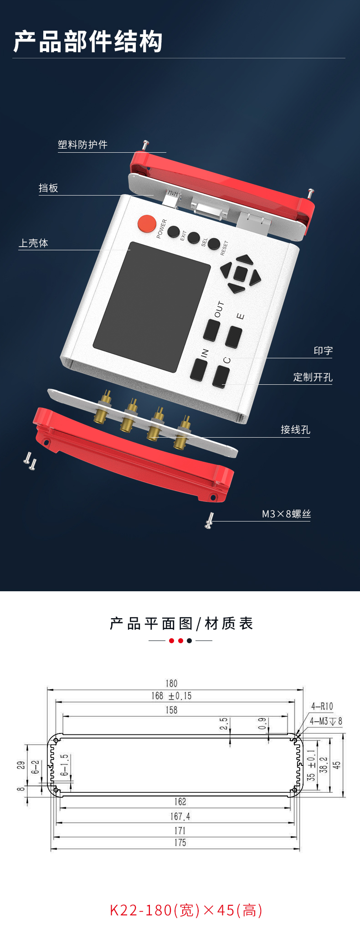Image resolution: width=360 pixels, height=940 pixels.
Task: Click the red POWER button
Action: click(x=147, y=223)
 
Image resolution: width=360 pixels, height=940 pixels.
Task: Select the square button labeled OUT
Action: click(x=211, y=330)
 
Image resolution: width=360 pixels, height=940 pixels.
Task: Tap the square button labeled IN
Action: click(x=198, y=370)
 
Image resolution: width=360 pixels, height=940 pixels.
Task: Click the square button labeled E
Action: click(x=234, y=337)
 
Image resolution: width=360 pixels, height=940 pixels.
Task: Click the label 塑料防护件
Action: click(x=82, y=145)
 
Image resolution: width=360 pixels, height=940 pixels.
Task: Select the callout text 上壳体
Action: click(x=33, y=243)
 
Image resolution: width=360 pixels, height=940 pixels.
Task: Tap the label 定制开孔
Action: click(x=313, y=377)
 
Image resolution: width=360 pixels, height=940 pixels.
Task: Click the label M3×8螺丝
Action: click(x=286, y=514)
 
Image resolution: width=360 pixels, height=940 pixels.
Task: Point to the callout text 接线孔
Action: click(x=295, y=429)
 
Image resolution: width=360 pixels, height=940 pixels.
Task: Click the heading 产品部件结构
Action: click(x=87, y=41)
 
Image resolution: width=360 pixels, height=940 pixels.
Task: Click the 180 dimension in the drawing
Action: click(x=171, y=683)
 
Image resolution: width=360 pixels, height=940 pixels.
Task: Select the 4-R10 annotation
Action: click(x=322, y=706)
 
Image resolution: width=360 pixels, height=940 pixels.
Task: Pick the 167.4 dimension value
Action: click(x=180, y=816)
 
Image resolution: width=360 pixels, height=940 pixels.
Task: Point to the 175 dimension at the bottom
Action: click(x=180, y=842)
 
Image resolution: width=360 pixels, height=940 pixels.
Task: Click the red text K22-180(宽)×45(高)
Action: click(x=186, y=910)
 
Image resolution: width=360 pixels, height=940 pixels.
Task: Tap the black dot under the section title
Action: click(x=189, y=640)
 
